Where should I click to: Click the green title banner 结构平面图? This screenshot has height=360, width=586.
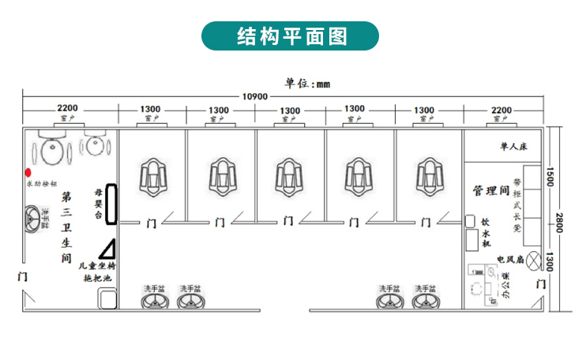[292, 36]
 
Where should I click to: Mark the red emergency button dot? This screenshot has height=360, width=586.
[28, 171]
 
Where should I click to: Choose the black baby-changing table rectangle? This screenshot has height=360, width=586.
[112, 202]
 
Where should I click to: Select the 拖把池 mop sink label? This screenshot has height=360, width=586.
[98, 279]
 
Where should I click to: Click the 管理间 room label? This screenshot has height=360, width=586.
[490, 190]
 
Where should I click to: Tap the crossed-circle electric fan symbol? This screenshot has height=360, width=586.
[535, 258]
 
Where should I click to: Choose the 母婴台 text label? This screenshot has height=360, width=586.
[99, 202]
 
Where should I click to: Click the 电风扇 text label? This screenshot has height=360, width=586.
[509, 258]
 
